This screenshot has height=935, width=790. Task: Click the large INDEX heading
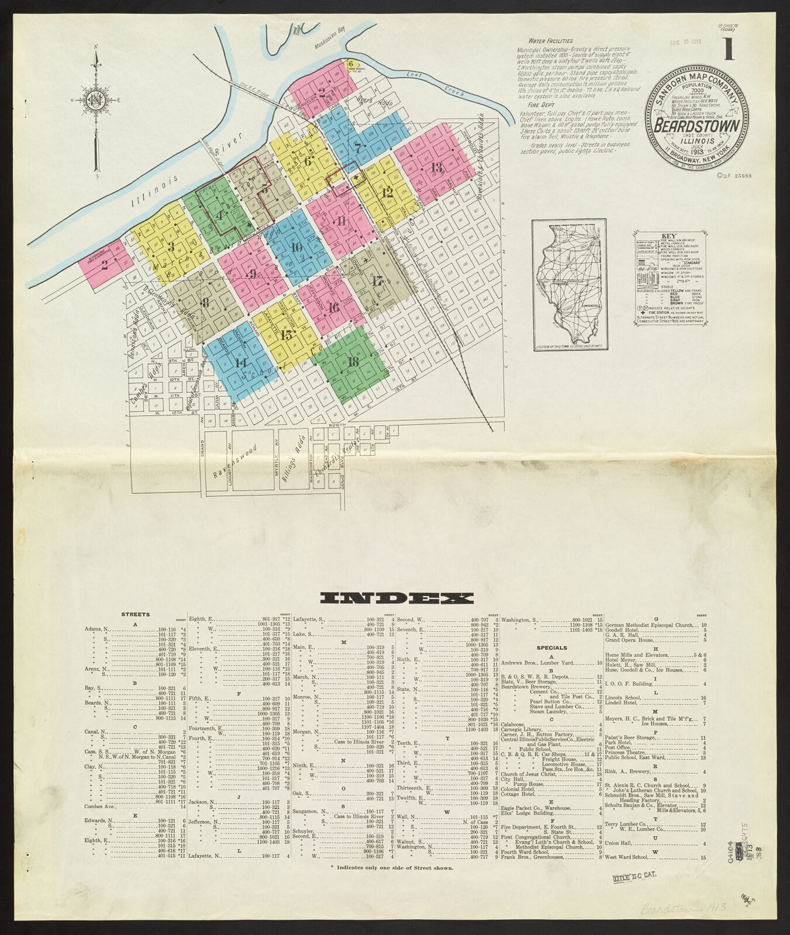pyautogui.click(x=397, y=598)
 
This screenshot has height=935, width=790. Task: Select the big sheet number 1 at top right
pyautogui.click(x=728, y=49)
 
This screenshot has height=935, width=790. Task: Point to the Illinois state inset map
pyautogui.click(x=568, y=285)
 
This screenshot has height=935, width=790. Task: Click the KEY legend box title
pyautogui.click(x=668, y=237)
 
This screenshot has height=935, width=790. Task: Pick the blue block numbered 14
pyautogui.click(x=240, y=362)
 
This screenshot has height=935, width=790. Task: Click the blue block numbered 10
pyautogui.click(x=296, y=247)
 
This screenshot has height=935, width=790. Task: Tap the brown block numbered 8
pyautogui.click(x=205, y=303)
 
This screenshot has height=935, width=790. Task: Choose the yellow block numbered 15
pyautogui.click(x=286, y=335)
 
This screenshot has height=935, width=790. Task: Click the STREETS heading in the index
pyautogui.click(x=135, y=614)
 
